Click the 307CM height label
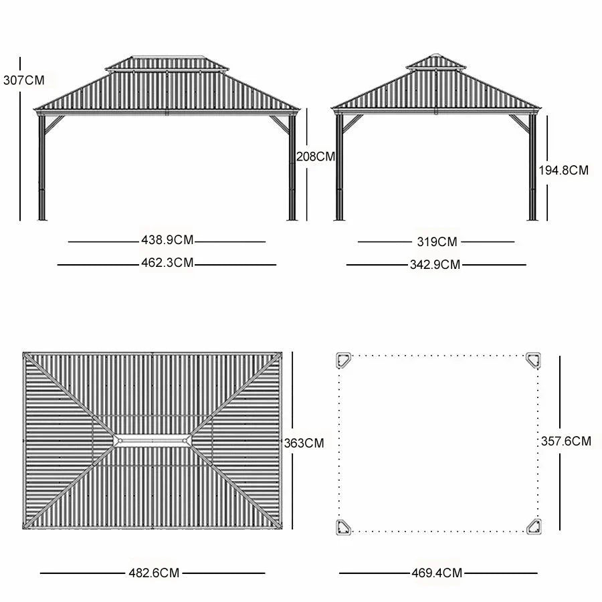23,80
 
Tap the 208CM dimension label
315,157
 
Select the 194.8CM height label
564,170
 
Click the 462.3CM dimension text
167,264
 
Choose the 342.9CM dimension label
435,264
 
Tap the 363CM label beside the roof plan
304,443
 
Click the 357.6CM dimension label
566,441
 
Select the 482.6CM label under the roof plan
154,573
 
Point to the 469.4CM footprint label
437,573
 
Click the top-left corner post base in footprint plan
344,361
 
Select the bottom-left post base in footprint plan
344,527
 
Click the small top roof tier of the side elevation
436,62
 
